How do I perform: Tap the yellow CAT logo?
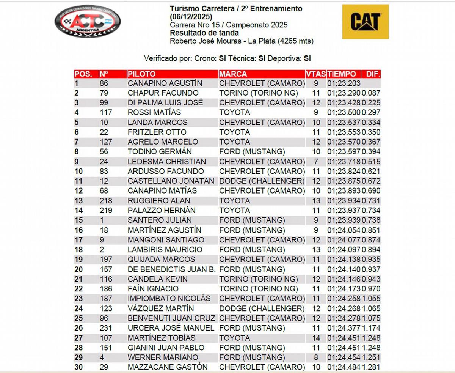click(x=365, y=22)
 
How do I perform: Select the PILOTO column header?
click(x=141, y=74)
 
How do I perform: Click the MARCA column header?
click(x=233, y=74)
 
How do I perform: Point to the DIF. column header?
click(x=373, y=74)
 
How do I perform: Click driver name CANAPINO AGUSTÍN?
click(x=165, y=83)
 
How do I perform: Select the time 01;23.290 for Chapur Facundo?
click(x=344, y=93)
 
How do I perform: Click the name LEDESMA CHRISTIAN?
click(x=167, y=162)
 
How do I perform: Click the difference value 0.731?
click(x=371, y=201)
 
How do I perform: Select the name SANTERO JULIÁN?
click(x=160, y=220)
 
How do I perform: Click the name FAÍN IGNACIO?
click(x=153, y=289)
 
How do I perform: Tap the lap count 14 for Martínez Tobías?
click(x=315, y=338)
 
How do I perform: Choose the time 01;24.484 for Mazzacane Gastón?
click(x=344, y=367)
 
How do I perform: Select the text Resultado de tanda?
click(x=204, y=33)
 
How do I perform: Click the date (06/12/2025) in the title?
click(x=191, y=17)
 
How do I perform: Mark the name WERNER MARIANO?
click(x=163, y=357)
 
